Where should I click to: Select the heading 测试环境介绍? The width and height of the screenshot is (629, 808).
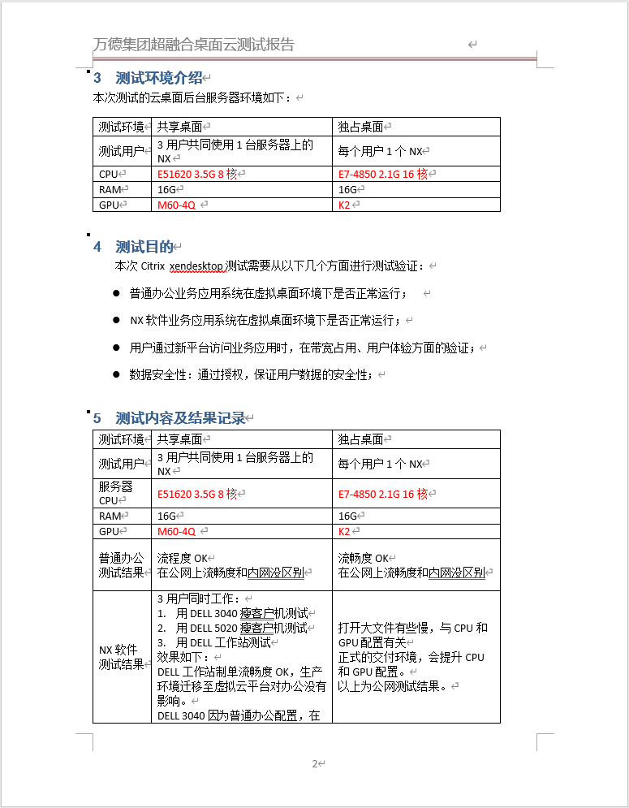coord(158,78)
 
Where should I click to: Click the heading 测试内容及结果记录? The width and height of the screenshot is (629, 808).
coord(179,418)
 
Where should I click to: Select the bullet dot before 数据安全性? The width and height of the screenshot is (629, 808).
coord(116,374)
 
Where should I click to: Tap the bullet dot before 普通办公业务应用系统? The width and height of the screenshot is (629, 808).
coord(116,292)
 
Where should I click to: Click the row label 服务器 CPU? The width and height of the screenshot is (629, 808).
coord(115,493)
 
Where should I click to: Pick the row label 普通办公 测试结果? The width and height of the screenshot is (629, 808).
coord(120,565)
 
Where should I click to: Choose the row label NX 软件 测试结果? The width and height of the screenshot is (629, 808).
coord(120,657)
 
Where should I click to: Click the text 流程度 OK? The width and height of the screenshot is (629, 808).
coord(183,558)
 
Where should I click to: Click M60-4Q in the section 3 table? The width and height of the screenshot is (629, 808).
coord(176,205)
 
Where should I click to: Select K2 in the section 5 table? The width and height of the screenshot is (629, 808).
coord(344,531)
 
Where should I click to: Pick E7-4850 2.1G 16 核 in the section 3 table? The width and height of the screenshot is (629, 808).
coord(381,174)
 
